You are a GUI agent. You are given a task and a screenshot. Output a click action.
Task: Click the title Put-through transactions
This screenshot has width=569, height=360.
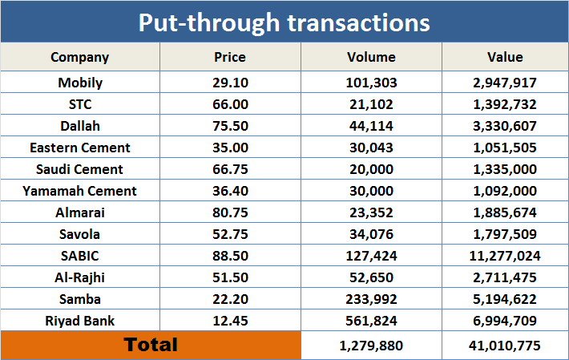pyautogui.click(x=284, y=22)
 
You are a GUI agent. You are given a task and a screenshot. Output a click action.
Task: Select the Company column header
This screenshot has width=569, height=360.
pyautogui.click(x=80, y=57)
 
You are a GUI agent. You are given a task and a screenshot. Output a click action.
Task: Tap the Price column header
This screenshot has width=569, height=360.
pyautogui.click(x=230, y=57)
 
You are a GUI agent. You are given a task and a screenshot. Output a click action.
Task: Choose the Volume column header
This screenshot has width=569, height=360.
pyautogui.click(x=371, y=57)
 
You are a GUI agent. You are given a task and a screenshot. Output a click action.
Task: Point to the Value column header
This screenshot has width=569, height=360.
pyautogui.click(x=505, y=57)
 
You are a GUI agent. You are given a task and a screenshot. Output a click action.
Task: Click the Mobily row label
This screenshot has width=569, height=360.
pyautogui.click(x=80, y=83)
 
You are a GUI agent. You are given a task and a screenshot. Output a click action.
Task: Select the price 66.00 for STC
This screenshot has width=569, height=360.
pyautogui.click(x=230, y=104)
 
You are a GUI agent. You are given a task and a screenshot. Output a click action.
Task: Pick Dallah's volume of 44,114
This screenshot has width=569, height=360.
pyautogui.click(x=371, y=126)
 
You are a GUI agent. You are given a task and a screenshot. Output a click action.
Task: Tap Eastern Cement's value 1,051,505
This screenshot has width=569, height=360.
pyautogui.click(x=505, y=148)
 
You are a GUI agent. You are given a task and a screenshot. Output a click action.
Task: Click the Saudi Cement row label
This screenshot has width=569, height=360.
pyautogui.click(x=80, y=169)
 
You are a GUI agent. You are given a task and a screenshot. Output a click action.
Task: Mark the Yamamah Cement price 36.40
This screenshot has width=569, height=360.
pyautogui.click(x=230, y=191)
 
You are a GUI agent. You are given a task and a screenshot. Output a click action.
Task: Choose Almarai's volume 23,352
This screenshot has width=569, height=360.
pyautogui.click(x=371, y=212)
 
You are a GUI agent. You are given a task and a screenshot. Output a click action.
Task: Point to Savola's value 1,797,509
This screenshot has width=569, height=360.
pyautogui.click(x=505, y=234)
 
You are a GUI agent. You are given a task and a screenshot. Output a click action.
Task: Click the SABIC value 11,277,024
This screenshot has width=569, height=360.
pyautogui.click(x=505, y=256)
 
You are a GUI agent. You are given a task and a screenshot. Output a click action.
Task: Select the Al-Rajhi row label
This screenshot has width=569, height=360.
pyautogui.click(x=80, y=277)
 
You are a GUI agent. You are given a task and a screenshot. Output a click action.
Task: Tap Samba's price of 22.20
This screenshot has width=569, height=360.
pyautogui.click(x=230, y=299)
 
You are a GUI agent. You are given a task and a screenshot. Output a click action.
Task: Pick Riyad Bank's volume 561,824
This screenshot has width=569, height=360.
pyautogui.click(x=371, y=321)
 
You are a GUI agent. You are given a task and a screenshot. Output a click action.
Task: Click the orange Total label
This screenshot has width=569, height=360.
pyautogui.click(x=151, y=345)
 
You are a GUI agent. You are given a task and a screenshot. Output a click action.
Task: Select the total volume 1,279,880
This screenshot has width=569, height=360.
pyautogui.click(x=371, y=346)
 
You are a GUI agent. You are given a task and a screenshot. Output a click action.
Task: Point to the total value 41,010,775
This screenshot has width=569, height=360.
pyautogui.click(x=505, y=346)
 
